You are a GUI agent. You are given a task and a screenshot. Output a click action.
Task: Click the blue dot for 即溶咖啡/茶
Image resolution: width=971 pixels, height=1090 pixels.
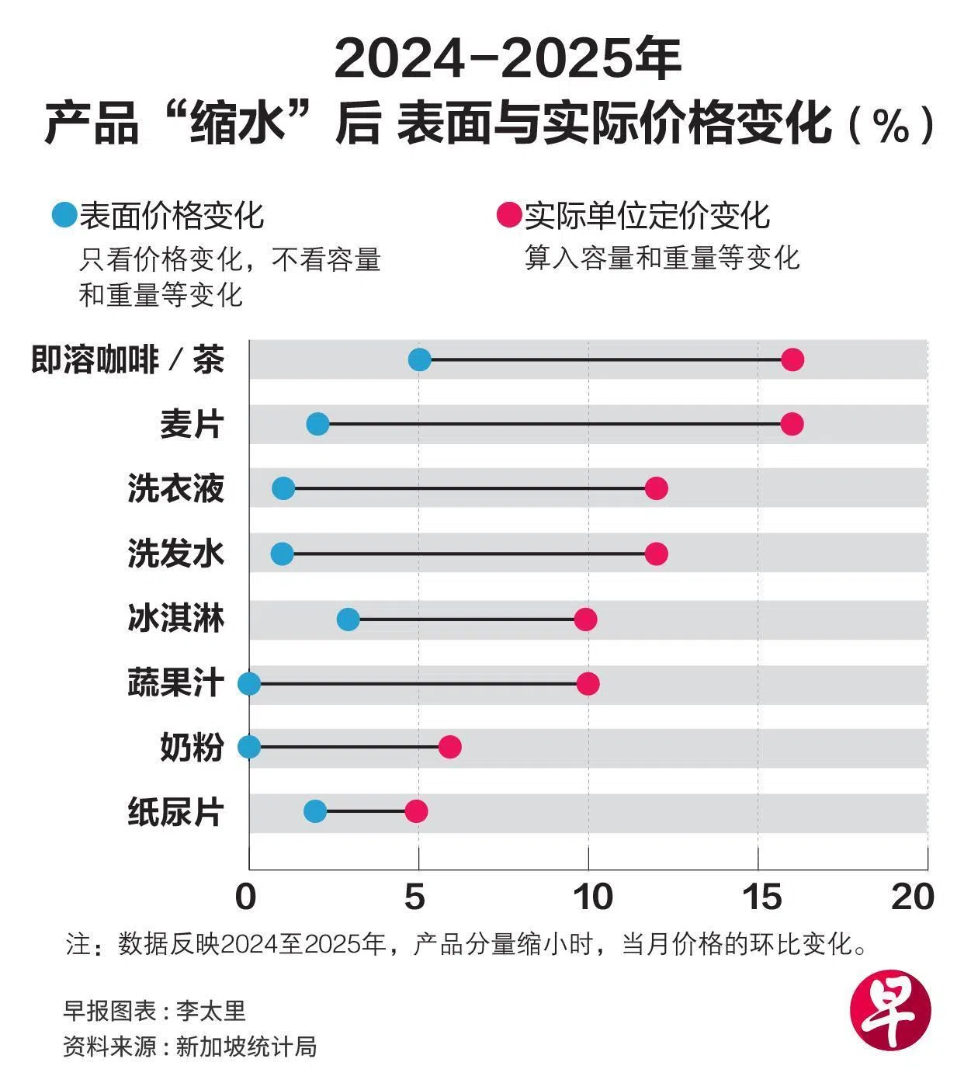click(x=419, y=359)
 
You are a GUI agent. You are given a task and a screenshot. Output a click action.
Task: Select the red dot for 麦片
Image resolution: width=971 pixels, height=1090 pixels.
click(x=792, y=424)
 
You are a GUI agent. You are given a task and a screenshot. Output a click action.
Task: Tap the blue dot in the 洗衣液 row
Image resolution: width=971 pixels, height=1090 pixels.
click(x=283, y=488)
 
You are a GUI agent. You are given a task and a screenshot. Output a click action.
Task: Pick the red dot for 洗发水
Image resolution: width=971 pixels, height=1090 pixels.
click(x=656, y=554)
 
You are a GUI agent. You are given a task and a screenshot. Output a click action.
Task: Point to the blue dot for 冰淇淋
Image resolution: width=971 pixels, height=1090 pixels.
click(x=349, y=619)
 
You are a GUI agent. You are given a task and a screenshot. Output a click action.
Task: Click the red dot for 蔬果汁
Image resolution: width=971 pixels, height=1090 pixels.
click(x=588, y=683)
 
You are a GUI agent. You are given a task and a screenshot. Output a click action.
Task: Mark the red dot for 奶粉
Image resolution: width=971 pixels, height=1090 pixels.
click(x=449, y=747)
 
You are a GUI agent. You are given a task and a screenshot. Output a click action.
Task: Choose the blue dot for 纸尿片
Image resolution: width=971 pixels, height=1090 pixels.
click(x=315, y=811)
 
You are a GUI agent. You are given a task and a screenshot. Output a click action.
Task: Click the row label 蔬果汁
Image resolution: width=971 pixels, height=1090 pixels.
click(x=176, y=684)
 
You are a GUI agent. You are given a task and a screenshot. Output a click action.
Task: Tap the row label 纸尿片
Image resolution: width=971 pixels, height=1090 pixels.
click(x=176, y=812)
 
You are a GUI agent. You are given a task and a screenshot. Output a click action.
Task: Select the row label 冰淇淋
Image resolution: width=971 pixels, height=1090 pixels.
click(x=176, y=620)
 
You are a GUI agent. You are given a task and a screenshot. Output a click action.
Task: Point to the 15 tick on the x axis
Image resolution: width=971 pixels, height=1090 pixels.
click(x=762, y=897)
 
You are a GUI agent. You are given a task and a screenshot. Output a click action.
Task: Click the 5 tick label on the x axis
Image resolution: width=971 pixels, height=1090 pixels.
click(x=415, y=897)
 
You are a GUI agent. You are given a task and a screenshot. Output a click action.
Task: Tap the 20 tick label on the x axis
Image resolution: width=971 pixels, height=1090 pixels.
click(x=912, y=897)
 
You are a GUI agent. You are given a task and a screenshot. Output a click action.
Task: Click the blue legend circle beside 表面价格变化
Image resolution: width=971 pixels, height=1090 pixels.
click(x=64, y=214)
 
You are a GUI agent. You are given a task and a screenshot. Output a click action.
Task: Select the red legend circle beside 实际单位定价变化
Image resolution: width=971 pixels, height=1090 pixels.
click(x=508, y=215)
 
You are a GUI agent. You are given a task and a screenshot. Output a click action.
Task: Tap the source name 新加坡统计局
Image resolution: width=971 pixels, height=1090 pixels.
click(x=247, y=1046)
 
